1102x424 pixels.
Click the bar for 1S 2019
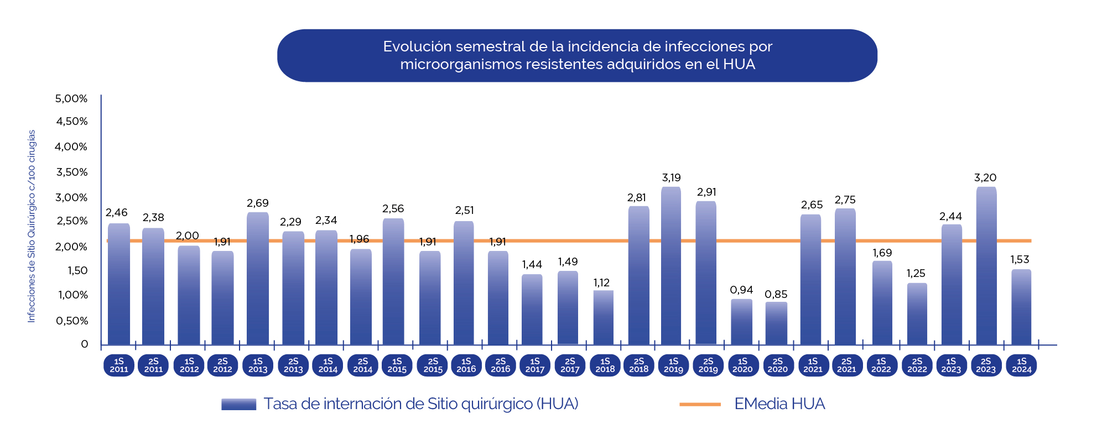click(671, 266)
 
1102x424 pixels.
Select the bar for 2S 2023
click(986, 266)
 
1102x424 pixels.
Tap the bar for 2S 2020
click(777, 323)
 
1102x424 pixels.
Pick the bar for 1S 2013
click(258, 279)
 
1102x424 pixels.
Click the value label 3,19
click(671, 178)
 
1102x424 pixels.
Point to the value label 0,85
click(776, 295)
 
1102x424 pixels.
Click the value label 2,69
click(258, 203)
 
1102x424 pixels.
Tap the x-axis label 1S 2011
click(119, 365)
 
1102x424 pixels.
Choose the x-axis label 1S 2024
click(1021, 365)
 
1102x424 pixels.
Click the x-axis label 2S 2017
click(570, 365)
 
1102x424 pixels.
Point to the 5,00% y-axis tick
click(71, 99)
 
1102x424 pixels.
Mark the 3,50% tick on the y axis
click(71, 172)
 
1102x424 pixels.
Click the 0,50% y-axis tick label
click(71, 321)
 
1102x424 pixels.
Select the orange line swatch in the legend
click(700, 404)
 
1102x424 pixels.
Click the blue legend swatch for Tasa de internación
click(238, 404)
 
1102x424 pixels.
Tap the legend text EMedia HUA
click(779, 404)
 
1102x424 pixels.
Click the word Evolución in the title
click(417, 46)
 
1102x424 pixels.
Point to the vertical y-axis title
click(32, 226)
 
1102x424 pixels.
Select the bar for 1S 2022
click(882, 303)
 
